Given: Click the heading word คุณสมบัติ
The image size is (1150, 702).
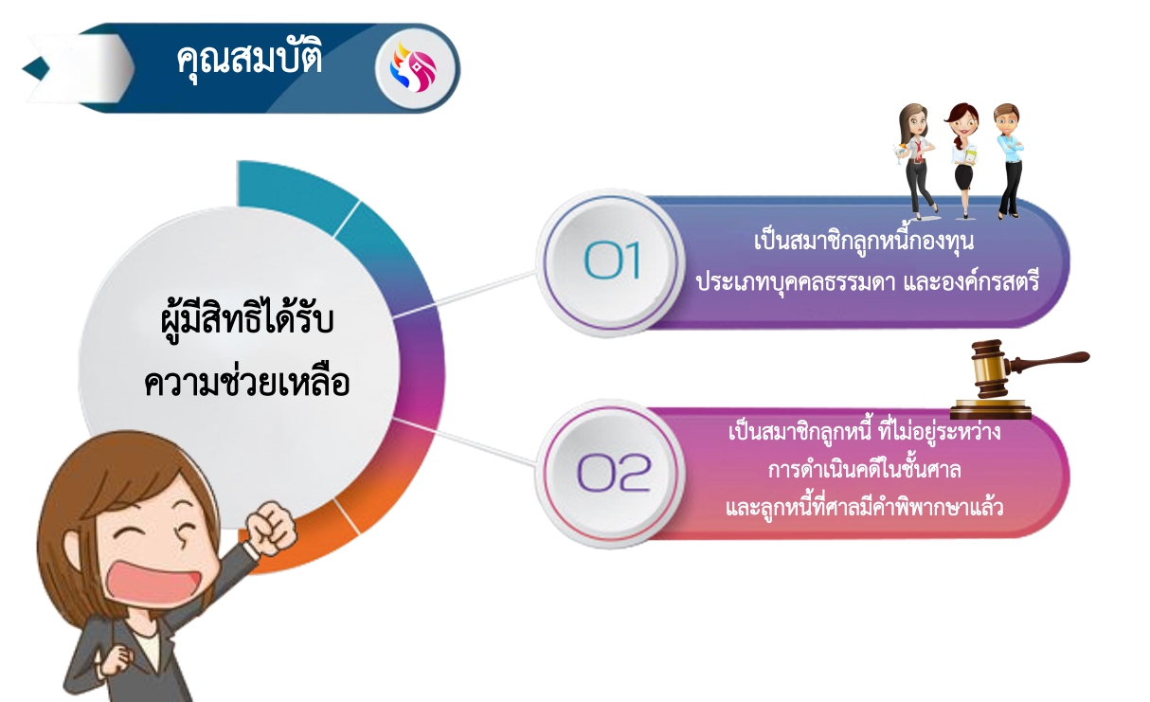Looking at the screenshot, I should (249, 60).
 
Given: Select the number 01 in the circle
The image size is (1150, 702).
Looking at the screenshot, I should (613, 261).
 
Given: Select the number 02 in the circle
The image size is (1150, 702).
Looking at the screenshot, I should (614, 472).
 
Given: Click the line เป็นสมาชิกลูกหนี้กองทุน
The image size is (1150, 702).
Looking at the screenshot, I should (863, 243).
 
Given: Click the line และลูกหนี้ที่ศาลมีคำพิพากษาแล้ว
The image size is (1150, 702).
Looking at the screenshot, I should (864, 508).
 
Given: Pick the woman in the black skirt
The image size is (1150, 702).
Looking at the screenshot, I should (962, 156).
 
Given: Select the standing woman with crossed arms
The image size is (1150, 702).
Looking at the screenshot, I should (1009, 156).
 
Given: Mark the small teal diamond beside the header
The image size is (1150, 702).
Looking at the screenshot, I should (36, 67).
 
